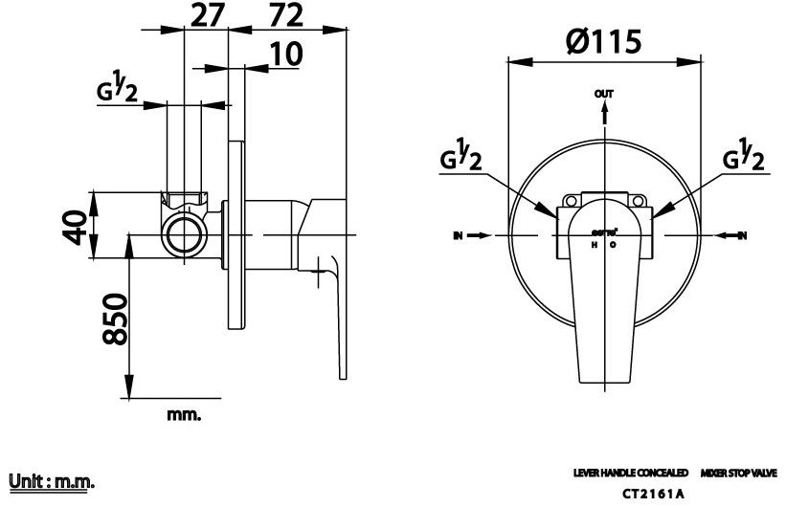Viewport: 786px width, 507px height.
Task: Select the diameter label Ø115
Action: coord(602,43)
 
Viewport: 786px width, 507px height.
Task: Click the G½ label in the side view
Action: coord(118,91)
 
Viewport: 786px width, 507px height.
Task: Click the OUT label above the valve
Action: coord(603,95)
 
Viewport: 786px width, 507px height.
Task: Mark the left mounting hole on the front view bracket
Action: coord(572,202)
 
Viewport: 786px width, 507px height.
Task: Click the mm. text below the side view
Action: coord(184,414)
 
